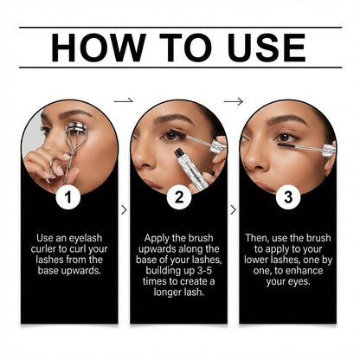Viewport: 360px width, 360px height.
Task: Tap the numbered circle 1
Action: [70, 196]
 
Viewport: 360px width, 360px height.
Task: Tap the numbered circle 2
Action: [178, 196]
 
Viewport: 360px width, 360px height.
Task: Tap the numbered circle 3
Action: [287, 196]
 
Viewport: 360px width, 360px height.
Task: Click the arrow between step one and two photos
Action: [124, 100]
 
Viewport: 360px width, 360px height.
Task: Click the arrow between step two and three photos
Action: [233, 100]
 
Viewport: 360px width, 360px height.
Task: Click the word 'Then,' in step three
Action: [257, 235]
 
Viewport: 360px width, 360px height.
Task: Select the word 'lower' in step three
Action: [263, 260]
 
